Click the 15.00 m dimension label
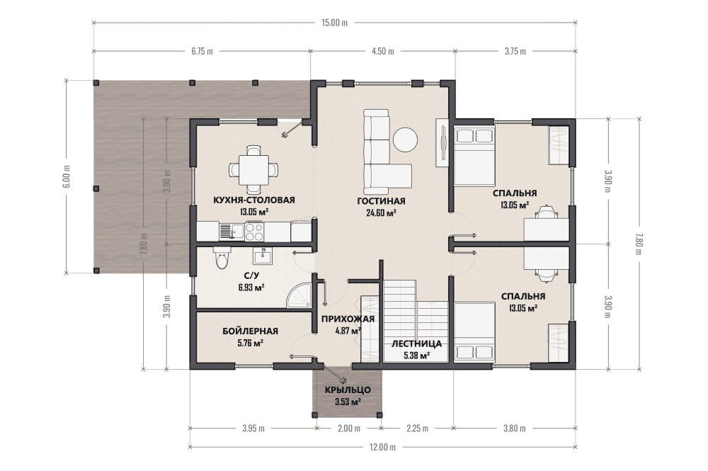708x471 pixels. [x=335, y=23]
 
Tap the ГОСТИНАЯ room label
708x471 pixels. [x=381, y=201]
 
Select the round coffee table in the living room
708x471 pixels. [x=406, y=140]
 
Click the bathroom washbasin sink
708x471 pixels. [x=261, y=256]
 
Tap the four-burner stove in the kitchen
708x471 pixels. [x=254, y=232]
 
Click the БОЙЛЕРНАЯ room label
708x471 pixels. [x=250, y=331]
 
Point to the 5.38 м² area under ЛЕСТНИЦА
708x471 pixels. [x=416, y=356]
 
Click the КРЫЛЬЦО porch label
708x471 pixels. [x=348, y=390]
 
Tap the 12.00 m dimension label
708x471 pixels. [x=382, y=447]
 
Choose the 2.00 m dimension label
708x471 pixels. [x=349, y=428]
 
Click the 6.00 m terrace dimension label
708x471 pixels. [x=67, y=176]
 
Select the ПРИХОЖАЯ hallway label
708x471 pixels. [x=348, y=319]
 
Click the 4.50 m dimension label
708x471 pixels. [x=382, y=51]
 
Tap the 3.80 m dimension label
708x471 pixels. [x=515, y=428]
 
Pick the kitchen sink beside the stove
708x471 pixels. [x=226, y=232]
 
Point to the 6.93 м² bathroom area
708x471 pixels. [x=251, y=288]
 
